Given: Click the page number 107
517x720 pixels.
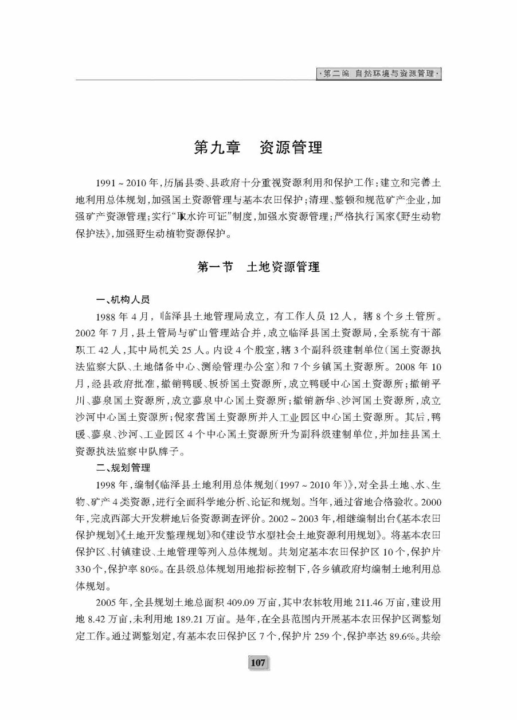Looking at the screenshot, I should pos(258,663).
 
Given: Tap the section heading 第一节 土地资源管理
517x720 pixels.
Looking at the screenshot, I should pos(258,267).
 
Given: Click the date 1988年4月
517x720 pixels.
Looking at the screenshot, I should pos(124,315).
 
